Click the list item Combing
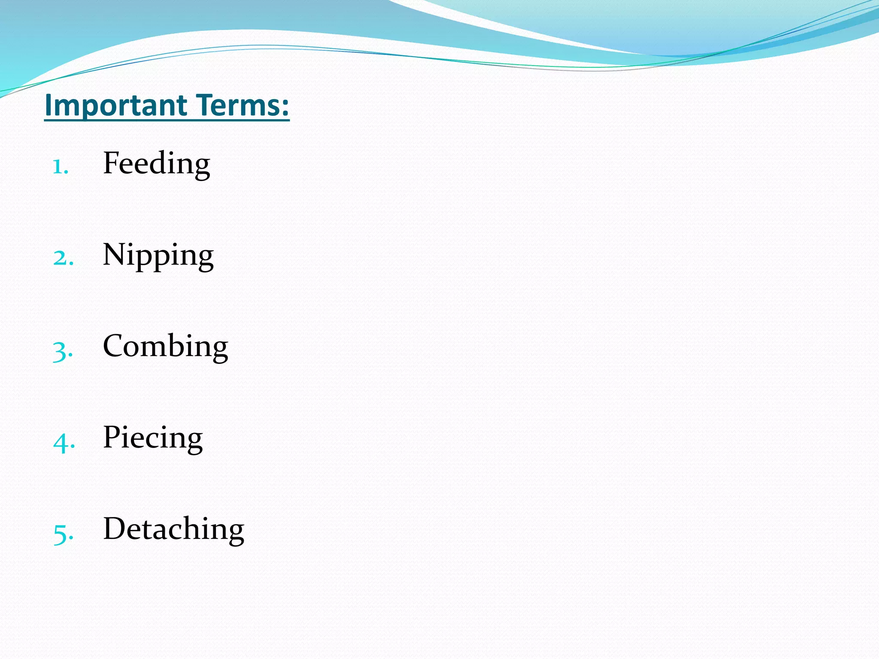165,347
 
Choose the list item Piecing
153,438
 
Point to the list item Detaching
173,529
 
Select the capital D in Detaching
115,528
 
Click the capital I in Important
48,106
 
